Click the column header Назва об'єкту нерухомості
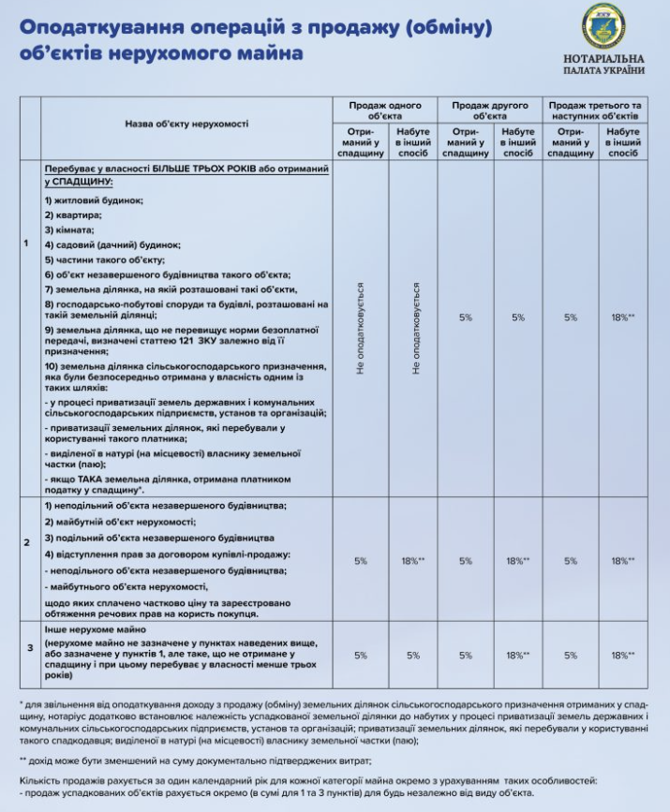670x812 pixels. click(187, 124)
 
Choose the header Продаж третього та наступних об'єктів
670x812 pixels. click(595, 111)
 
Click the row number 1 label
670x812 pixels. click(25, 244)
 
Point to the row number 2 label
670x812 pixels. click(25, 541)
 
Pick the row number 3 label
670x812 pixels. click(25, 647)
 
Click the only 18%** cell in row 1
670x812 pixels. click(623, 317)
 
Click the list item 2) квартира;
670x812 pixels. click(72, 214)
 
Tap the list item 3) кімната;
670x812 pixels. click(69, 229)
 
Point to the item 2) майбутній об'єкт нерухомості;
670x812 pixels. click(119, 520)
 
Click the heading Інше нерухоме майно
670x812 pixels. click(95, 629)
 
